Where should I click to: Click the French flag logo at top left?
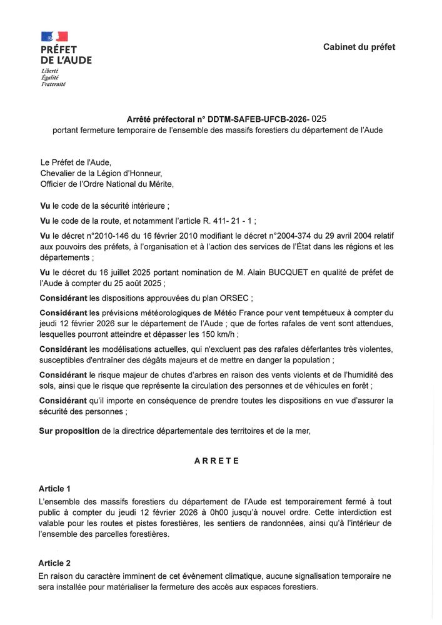pyautogui.click(x=54, y=37)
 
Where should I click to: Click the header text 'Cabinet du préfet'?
pyautogui.click(x=359, y=47)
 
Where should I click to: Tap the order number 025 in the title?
pyautogui.click(x=319, y=117)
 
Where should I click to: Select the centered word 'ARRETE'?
pyautogui.click(x=216, y=461)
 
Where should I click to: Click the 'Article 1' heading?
pyautogui.click(x=54, y=488)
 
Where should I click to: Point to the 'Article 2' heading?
pyautogui.click(x=54, y=563)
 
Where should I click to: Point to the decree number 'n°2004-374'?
pyautogui.click(x=278, y=235)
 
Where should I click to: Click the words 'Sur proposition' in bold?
pyautogui.click(x=69, y=431)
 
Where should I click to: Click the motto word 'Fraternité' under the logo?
pyautogui.click(x=53, y=84)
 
